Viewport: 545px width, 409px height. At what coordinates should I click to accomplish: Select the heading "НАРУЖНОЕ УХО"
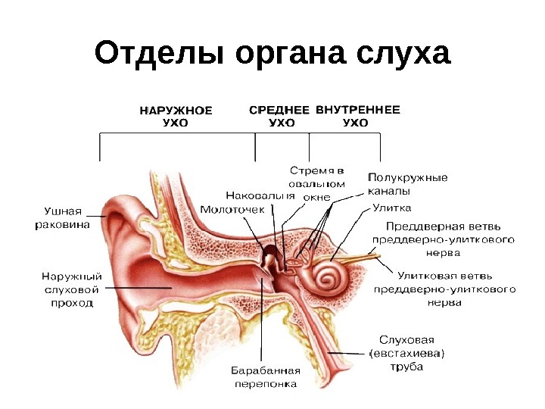tap(176, 115)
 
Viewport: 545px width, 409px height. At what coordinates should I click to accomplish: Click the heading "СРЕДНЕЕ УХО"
tap(279, 115)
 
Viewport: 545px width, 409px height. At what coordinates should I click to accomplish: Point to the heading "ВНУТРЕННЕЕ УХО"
tap(357, 115)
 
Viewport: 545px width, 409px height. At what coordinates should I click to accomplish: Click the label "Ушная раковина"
tap(63, 218)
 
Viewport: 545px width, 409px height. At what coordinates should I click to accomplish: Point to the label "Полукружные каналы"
tap(407, 184)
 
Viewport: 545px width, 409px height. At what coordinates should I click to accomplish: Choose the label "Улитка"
tap(391, 207)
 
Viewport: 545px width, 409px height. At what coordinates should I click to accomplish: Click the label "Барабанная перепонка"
tap(266, 377)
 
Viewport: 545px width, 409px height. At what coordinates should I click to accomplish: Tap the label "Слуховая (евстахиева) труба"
tap(406, 354)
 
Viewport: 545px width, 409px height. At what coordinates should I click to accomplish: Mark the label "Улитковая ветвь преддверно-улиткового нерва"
tap(446, 289)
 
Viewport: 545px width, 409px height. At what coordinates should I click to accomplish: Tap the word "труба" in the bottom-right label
tap(406, 367)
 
